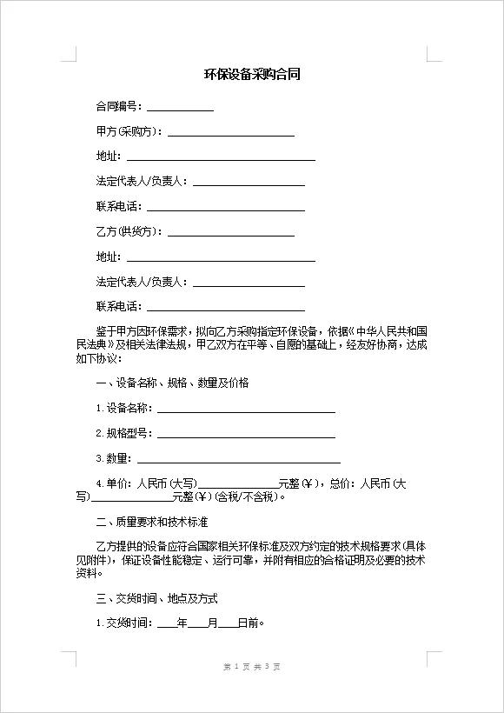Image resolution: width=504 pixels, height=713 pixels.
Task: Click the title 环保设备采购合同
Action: pos(252,75)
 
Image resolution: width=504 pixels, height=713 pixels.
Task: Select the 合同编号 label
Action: pos(117,106)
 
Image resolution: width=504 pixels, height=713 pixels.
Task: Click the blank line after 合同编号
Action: pos(180,108)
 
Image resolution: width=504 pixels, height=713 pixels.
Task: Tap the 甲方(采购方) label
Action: pos(129,131)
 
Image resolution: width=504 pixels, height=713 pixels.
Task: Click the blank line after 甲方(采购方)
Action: pos(230,133)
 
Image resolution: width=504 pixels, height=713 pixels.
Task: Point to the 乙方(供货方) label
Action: pos(129,232)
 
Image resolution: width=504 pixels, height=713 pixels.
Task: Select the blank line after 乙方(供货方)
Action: pos(230,234)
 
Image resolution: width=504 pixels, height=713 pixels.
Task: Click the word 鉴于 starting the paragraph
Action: pos(106,331)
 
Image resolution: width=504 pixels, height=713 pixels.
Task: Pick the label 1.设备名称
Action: pos(123,408)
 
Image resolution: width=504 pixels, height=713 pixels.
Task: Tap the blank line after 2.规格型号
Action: pos(246,435)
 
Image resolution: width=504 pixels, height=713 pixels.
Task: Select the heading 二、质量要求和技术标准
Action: pos(152,523)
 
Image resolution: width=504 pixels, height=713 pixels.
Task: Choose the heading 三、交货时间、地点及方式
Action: pos(156,599)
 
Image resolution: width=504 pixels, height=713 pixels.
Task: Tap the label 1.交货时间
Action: pos(123,623)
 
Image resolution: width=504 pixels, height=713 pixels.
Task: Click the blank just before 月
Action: pos(197,624)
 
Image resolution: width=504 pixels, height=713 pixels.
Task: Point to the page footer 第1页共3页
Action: pos(252,667)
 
